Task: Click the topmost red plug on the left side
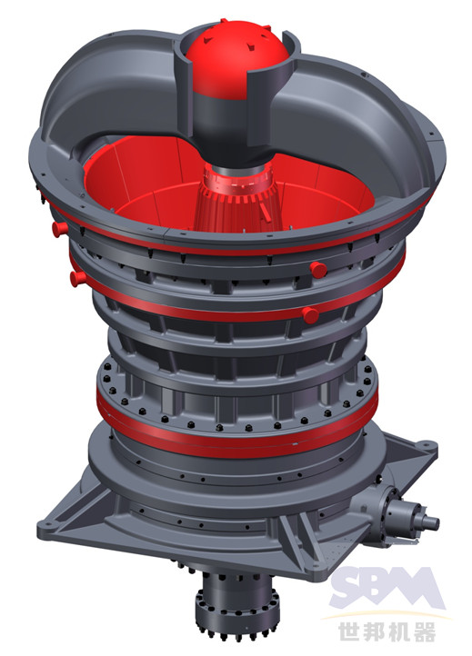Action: pyautogui.click(x=60, y=229)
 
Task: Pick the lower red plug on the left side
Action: pyautogui.click(x=78, y=278)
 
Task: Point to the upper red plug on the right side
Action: pyautogui.click(x=318, y=270)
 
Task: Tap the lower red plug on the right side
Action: pyautogui.click(x=310, y=314)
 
